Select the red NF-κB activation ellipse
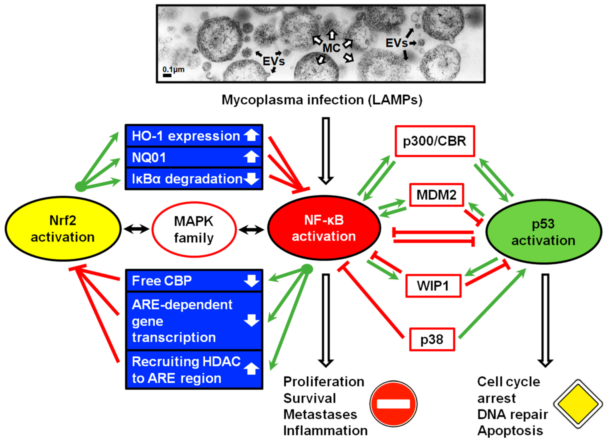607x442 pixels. click(324, 228)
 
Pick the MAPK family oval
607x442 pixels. click(194, 229)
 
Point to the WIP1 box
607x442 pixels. click(433, 286)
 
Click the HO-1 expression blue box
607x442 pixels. click(194, 136)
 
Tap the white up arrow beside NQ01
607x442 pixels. click(251, 157)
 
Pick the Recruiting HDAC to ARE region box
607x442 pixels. click(194, 370)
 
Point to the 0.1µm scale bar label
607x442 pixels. click(173, 70)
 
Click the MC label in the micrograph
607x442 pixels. click(331, 48)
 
